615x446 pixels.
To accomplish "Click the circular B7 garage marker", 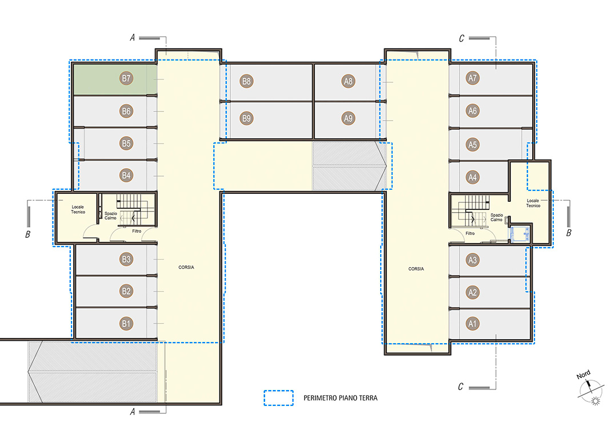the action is (126, 78).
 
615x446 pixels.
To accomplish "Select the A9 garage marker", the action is (348, 118).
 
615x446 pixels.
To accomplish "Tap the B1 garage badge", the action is (126, 324).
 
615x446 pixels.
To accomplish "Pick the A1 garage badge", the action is (473, 324).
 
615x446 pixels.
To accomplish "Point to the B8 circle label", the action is (246, 82).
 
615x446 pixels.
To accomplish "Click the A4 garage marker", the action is (473, 178).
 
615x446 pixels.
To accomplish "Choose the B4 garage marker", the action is (126, 176).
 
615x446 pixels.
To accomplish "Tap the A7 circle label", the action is (473, 78).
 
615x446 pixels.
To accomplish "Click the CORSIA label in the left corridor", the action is (186, 268).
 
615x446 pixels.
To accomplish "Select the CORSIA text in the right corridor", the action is (416, 269).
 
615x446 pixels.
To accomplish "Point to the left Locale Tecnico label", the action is (78, 209).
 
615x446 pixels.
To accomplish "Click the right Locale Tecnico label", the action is (533, 203).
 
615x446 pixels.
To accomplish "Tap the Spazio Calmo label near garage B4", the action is (111, 216).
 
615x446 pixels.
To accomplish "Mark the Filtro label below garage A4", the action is (470, 233).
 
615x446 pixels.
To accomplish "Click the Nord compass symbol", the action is (591, 390).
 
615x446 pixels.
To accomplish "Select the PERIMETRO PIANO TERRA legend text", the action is (341, 398).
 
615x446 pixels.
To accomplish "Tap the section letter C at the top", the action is (462, 38).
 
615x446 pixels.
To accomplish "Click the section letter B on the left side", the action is (28, 234).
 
